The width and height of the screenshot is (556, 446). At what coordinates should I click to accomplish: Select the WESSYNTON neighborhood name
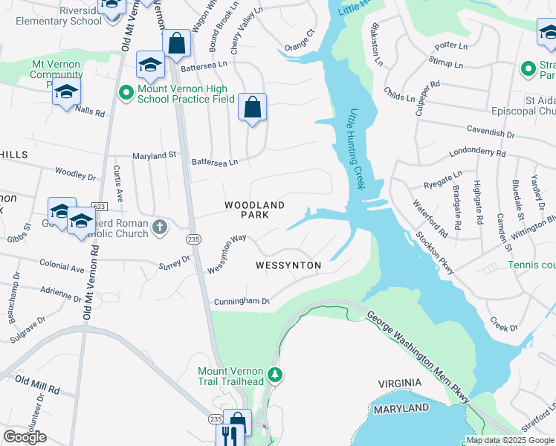(x=288, y=265)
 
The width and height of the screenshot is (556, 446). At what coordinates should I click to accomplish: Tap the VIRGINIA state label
(x=400, y=383)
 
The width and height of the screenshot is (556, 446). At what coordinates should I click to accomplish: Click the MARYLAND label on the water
(x=401, y=409)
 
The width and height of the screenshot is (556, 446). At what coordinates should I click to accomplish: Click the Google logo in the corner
(x=25, y=436)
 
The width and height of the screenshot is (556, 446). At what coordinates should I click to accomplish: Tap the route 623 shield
(x=98, y=204)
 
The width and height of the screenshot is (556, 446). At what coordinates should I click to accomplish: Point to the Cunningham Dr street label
(x=241, y=302)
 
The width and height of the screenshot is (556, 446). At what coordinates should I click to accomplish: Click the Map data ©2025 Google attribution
(x=509, y=440)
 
